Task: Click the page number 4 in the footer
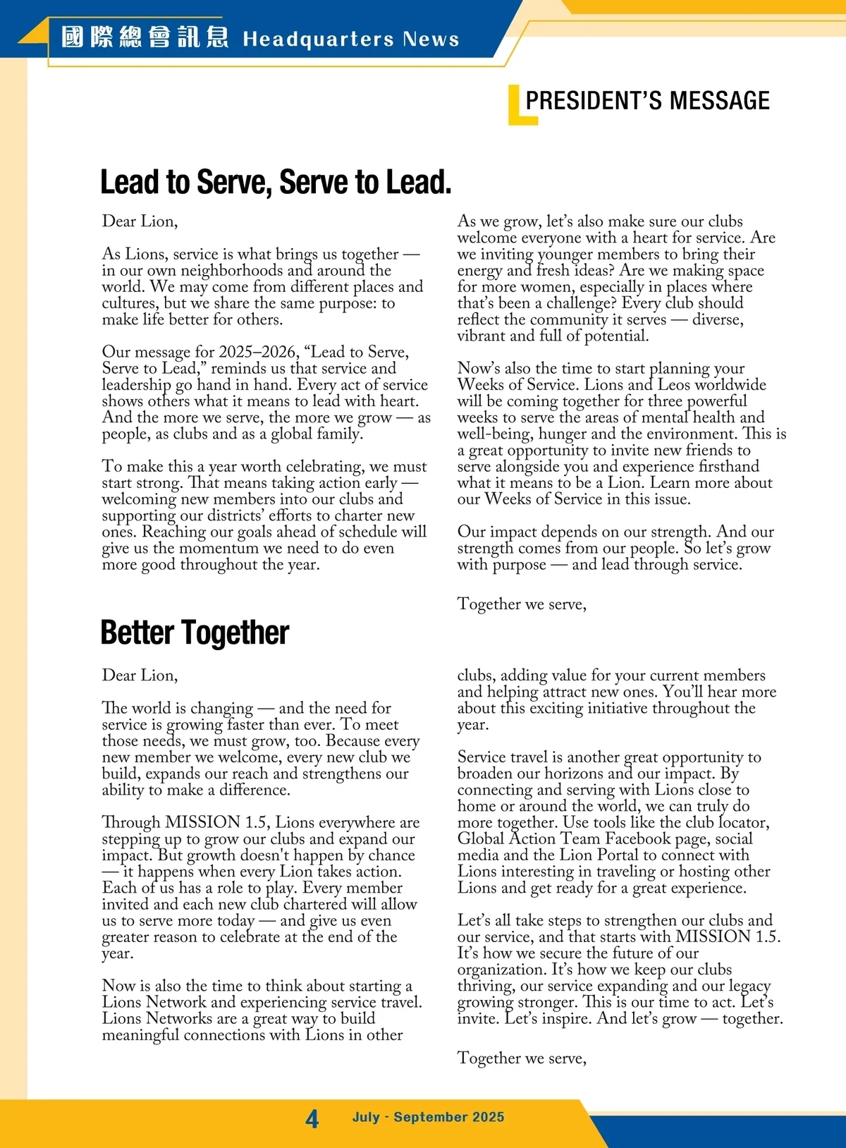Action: [x=312, y=1118]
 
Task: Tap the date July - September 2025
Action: [x=428, y=1117]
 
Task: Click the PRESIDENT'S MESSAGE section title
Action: [x=647, y=101]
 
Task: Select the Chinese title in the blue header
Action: [x=145, y=37]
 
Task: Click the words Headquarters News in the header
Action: [x=350, y=39]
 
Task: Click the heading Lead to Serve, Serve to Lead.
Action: [x=276, y=182]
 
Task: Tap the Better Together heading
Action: [x=195, y=633]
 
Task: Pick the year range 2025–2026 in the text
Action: [x=258, y=352]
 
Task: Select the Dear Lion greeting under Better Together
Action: [x=140, y=676]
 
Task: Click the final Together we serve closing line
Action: [x=522, y=1058]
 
